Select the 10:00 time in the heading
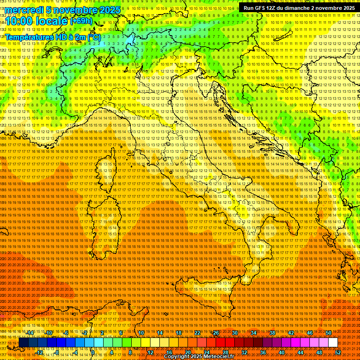pyautogui.click(x=20, y=21)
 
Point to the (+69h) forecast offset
pyautogui.click(x=81, y=21)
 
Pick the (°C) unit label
pyautogui.click(x=94, y=37)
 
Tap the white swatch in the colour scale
pyautogui.click(x=333, y=343)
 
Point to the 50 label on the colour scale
pyautogui.click(x=328, y=333)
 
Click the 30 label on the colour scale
pyautogui.click(x=234, y=333)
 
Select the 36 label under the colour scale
pyautogui.click(x=262, y=352)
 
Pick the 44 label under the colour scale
pyautogui.click(x=300, y=352)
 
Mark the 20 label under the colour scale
pyautogui.click(x=187, y=352)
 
